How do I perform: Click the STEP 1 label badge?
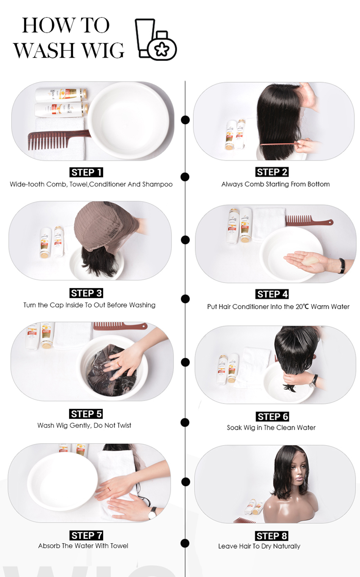[x=86, y=172]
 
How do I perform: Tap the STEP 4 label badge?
[x=272, y=294]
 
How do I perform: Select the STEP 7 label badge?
[x=86, y=535]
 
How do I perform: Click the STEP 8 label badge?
[x=272, y=536]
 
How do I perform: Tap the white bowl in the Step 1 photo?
[x=129, y=121]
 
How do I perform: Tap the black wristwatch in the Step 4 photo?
[x=342, y=265]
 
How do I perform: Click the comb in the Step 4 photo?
[x=309, y=220]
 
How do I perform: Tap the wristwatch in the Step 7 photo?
[x=152, y=513]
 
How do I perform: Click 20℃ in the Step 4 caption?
[x=302, y=307]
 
